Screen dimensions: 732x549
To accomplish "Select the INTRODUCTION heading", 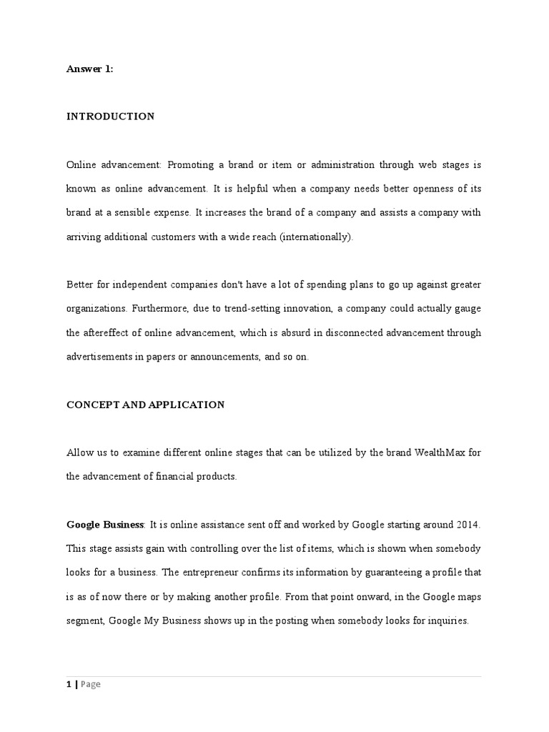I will [x=110, y=117].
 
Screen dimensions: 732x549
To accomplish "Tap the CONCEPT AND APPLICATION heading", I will [x=145, y=405].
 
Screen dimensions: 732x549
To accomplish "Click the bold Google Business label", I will [x=105, y=525].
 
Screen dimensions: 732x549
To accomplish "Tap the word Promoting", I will [x=190, y=164].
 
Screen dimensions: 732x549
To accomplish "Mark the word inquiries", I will [x=446, y=620].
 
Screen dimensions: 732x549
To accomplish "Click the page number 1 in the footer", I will [x=69, y=684].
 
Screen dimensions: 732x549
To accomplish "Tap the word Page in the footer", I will [x=90, y=684].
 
